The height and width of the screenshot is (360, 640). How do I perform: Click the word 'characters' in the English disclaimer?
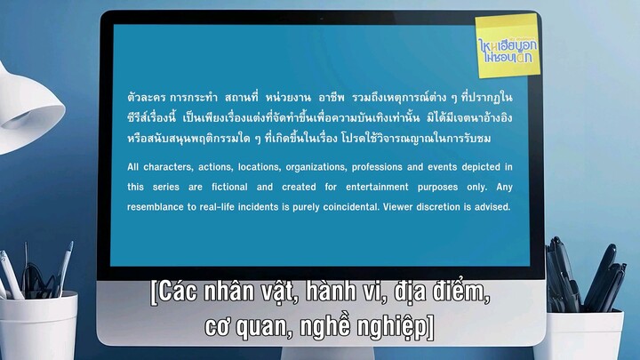[176, 167]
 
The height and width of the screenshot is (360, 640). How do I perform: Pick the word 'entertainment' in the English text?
[355, 188]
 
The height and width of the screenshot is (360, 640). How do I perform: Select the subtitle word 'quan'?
[268, 328]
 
